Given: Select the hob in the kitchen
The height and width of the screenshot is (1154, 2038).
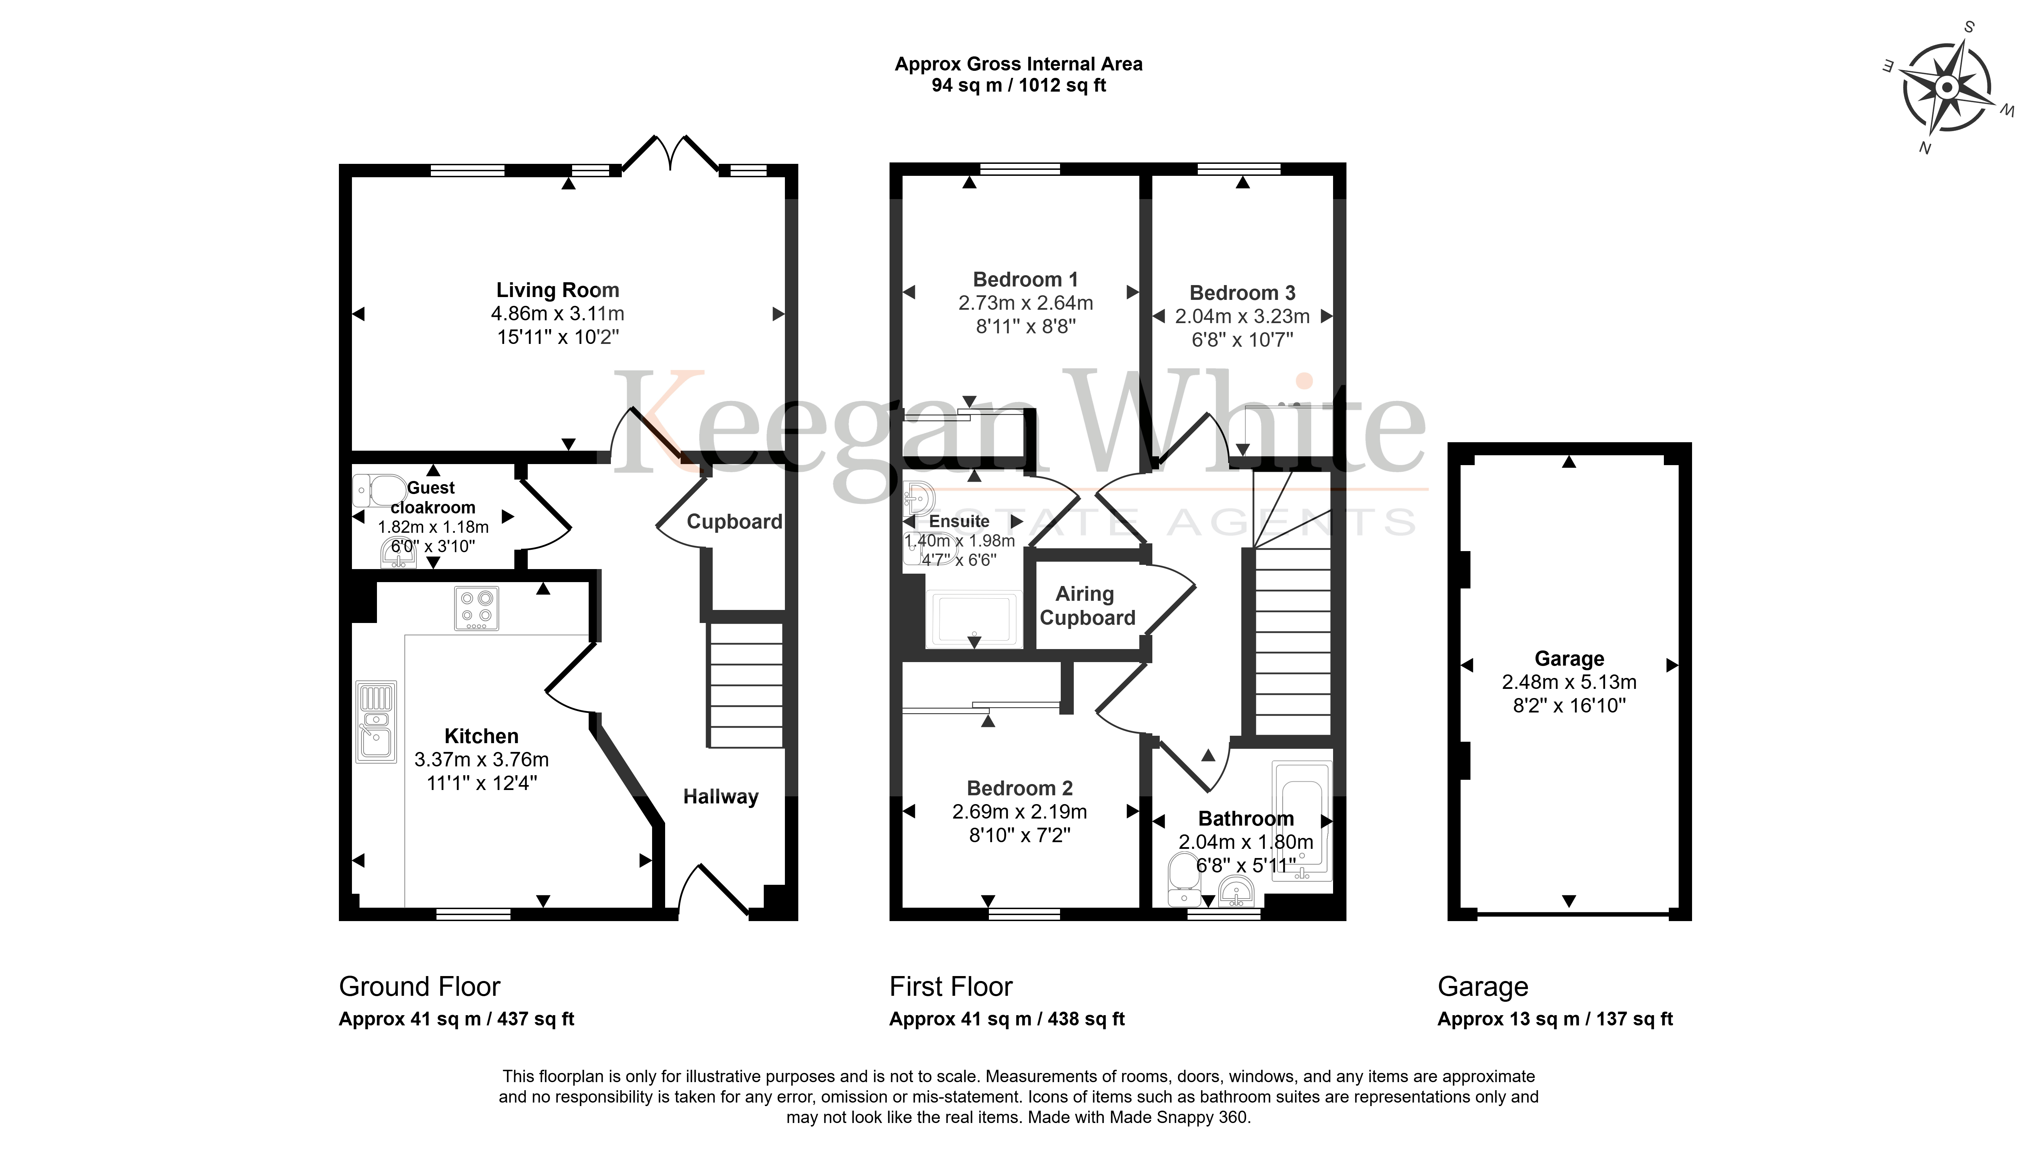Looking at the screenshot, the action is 476,608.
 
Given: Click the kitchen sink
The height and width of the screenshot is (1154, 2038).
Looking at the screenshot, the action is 376,721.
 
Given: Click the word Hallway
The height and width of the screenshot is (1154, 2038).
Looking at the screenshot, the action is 721,797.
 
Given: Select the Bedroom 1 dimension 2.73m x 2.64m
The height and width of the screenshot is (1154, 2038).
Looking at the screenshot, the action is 1025,303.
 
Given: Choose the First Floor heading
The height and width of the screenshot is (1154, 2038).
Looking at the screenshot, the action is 951,987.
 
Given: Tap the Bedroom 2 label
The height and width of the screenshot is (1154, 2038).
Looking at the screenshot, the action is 1020,789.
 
